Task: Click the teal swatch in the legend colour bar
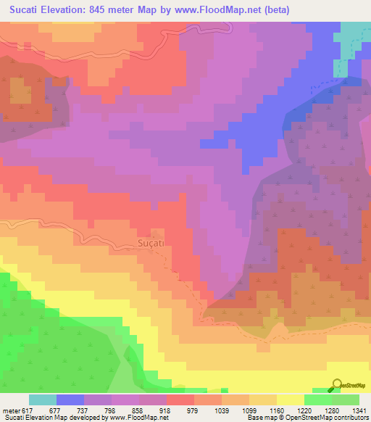pos(42,400)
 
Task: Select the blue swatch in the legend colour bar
pos(70,400)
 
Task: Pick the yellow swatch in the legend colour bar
pos(290,400)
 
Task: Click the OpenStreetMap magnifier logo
pos(338,385)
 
